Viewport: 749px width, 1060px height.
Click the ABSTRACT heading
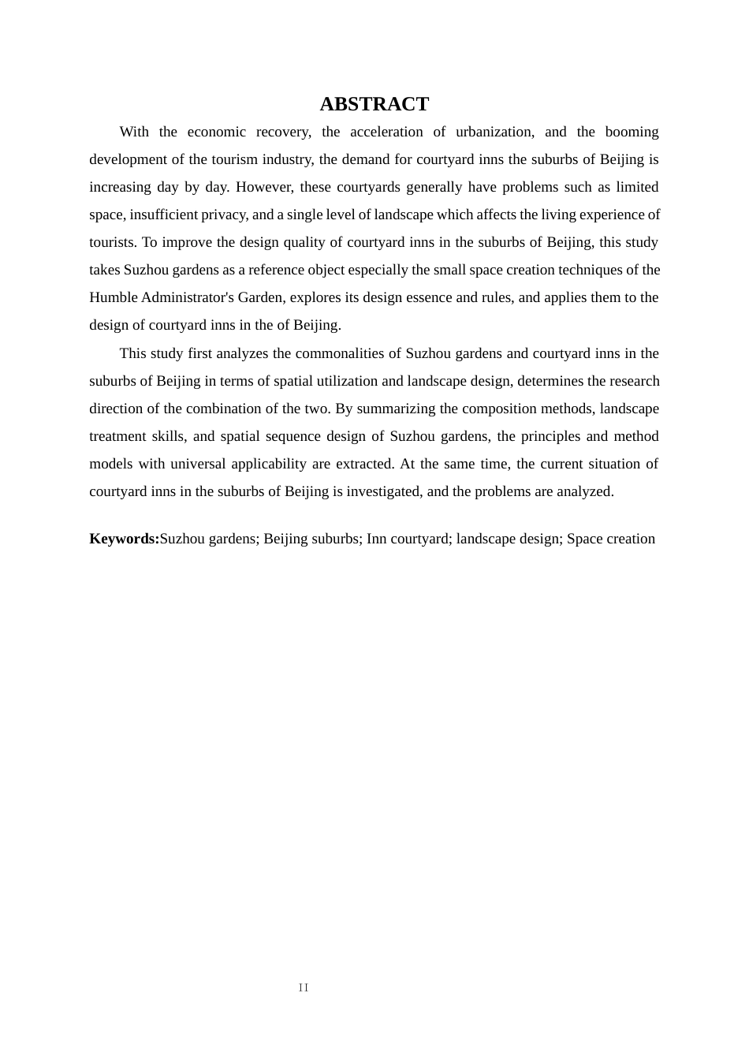[374, 104]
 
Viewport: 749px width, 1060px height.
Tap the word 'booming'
[632, 132]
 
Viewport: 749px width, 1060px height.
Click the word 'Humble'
[113, 297]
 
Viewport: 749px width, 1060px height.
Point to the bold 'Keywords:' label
[124, 539]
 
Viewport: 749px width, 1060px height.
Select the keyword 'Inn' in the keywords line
[376, 539]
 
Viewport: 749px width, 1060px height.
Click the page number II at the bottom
[304, 987]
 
